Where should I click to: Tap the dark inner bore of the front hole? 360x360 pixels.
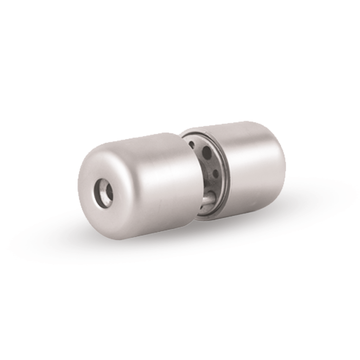pyautogui.click(x=107, y=192)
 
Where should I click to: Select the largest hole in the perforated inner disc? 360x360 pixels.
pyautogui.click(x=206, y=152)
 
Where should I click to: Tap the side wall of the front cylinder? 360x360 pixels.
pyautogui.click(x=154, y=185)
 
